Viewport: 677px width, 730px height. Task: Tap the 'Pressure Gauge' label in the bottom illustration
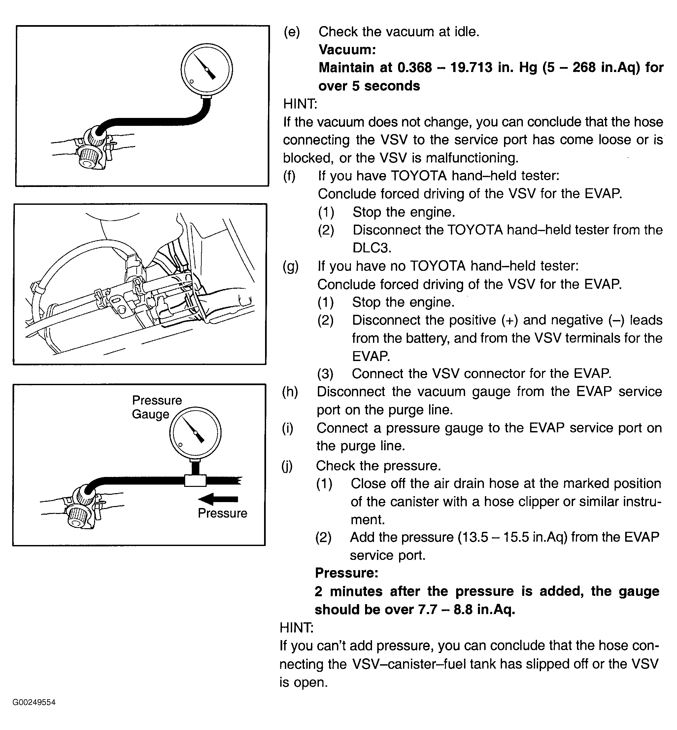pos(156,407)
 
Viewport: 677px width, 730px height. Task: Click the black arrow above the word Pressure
pos(218,499)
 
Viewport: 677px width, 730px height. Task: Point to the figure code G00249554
pos(34,702)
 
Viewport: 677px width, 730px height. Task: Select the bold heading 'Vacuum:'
pos(347,50)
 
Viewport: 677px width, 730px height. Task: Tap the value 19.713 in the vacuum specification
pos(471,67)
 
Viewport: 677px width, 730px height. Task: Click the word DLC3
pos(372,248)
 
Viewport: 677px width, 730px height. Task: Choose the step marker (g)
pos(290,266)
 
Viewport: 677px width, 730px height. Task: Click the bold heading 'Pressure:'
pos(347,573)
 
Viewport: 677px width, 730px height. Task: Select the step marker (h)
pos(290,391)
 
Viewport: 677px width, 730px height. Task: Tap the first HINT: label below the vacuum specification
pos(300,104)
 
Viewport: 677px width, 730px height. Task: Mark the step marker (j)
pos(287,466)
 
